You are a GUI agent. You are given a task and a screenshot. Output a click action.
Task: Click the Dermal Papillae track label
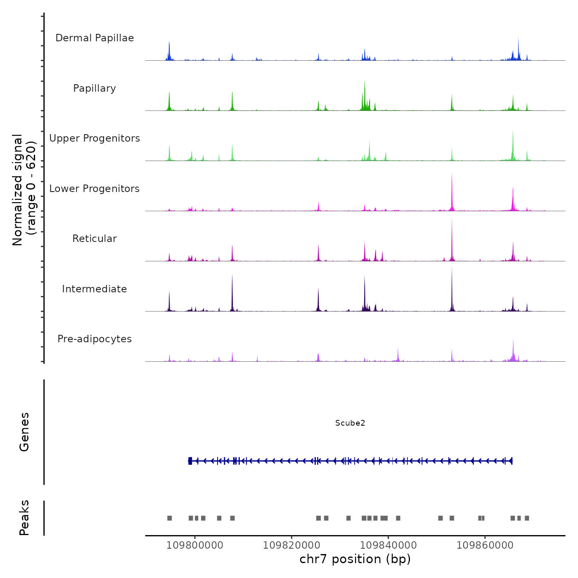95,38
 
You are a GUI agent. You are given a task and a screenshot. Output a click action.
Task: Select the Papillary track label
95,88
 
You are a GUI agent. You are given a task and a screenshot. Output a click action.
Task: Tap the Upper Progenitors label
95,138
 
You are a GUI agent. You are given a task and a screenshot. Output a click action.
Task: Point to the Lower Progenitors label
95,189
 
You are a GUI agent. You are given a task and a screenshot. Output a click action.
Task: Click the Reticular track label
95,239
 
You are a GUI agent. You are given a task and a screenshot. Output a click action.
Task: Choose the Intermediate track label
95,289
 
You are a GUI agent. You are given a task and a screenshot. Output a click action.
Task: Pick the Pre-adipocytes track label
95,339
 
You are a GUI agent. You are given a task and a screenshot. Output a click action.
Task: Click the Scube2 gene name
350,423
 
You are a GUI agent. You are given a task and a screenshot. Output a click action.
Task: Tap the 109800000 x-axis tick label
194,545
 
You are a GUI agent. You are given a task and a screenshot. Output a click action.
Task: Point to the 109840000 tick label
388,545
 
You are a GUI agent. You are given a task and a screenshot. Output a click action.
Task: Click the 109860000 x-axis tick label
485,545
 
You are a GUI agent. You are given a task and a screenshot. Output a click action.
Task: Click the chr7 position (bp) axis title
355,559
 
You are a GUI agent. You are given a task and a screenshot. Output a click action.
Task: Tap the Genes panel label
24,432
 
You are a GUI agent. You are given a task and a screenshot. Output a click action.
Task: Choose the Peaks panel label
24,518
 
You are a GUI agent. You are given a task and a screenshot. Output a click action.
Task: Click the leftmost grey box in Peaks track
169,518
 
